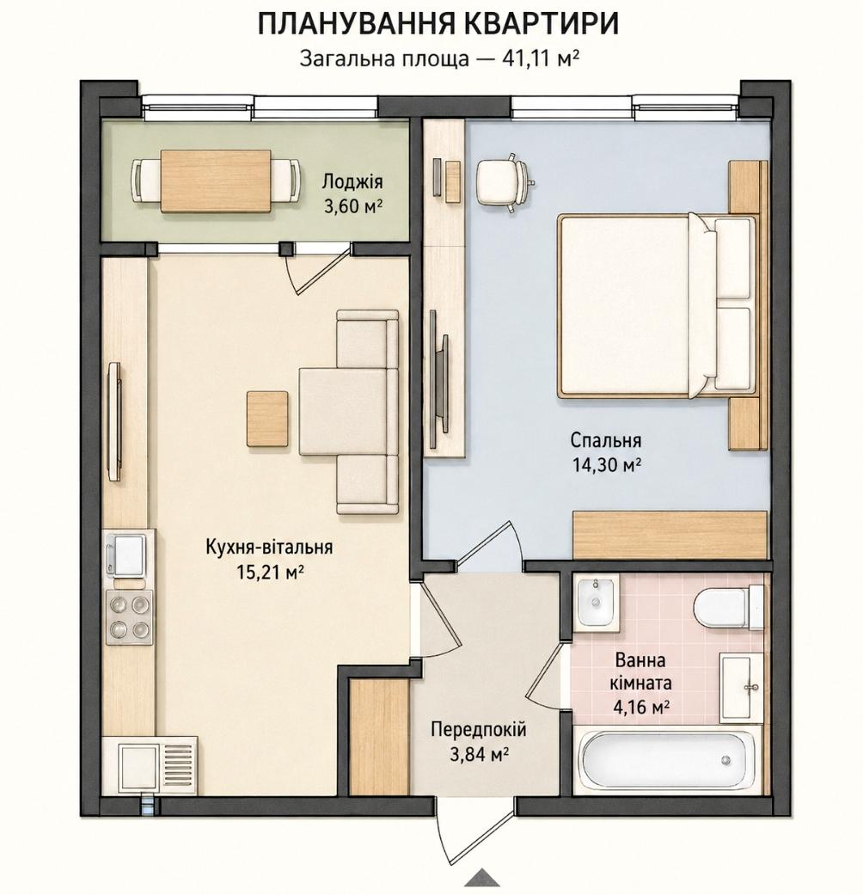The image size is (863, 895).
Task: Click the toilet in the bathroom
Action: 729,607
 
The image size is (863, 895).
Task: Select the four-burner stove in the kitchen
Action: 130,617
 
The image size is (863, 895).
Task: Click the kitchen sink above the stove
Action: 125,555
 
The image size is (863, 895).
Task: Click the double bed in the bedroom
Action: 658,306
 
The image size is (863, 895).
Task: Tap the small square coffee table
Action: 267,419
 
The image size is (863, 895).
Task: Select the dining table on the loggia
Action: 216,181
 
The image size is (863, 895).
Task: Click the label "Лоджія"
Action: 352,182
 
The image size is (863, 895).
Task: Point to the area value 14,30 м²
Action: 606,465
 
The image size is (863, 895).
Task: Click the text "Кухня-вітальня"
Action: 269,547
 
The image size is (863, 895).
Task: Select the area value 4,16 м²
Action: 641,708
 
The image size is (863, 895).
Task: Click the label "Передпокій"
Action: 478,730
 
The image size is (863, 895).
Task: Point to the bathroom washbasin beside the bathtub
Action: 742,689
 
